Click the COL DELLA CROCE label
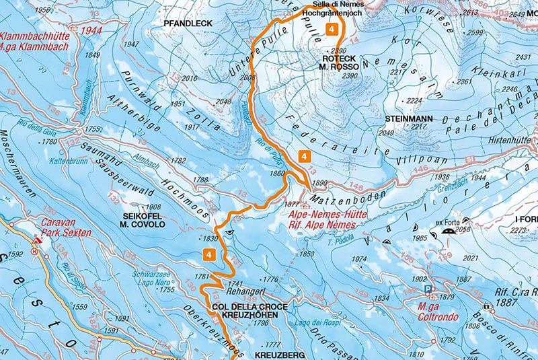coord(249,306)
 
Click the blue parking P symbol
coord(428,289)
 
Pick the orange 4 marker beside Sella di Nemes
coord(332,29)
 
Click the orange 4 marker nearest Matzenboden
coord(305,156)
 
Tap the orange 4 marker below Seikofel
coord(209,254)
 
